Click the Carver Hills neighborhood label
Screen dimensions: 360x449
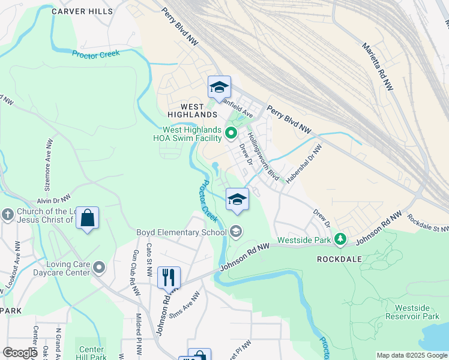(x=82, y=11)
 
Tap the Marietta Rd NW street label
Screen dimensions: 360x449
(x=382, y=68)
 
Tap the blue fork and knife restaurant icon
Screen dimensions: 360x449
(x=169, y=277)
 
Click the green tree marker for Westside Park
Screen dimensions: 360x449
(x=340, y=239)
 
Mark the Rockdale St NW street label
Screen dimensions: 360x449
(x=427, y=225)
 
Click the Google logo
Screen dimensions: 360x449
(x=20, y=353)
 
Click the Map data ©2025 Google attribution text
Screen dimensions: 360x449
(x=412, y=355)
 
